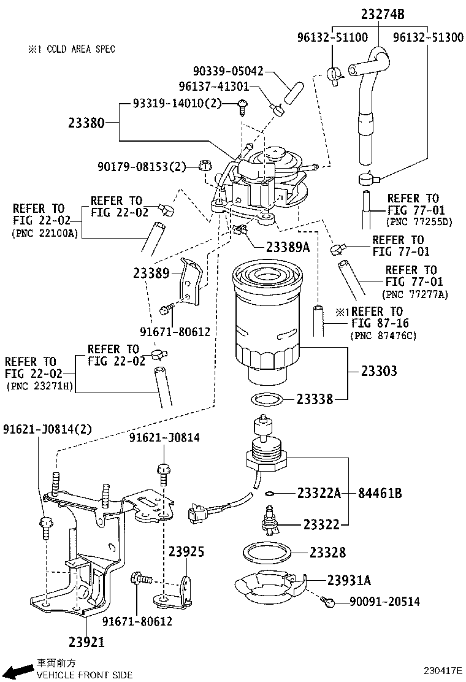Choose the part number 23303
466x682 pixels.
coord(379,371)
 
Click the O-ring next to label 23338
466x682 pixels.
coord(268,400)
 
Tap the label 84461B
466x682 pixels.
coord(380,492)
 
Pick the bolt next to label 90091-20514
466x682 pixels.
coord(329,602)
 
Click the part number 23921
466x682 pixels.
coord(86,642)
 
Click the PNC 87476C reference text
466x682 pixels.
coord(383,335)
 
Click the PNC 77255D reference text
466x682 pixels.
coord(419,221)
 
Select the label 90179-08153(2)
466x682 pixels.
coord(142,166)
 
